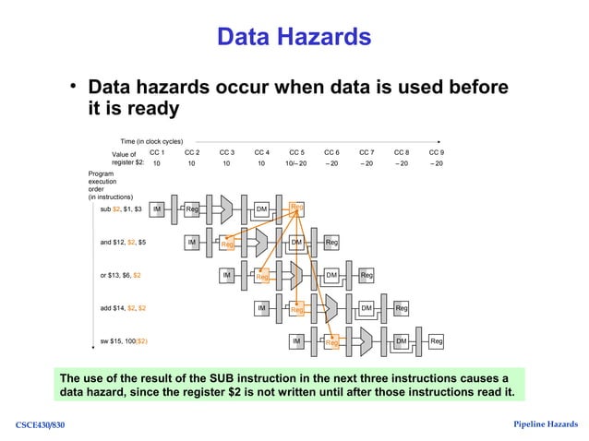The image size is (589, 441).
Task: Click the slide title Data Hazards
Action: click(x=294, y=37)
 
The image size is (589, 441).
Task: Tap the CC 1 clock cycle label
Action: click(x=157, y=152)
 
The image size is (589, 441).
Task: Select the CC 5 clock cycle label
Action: click(x=296, y=152)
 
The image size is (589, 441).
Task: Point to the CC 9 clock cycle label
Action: click(x=437, y=152)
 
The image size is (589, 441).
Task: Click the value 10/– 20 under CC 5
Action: click(x=296, y=162)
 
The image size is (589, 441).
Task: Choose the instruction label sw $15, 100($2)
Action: click(x=125, y=341)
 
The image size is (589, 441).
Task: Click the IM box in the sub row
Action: click(x=158, y=209)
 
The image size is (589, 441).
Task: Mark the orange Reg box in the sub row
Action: click(x=296, y=208)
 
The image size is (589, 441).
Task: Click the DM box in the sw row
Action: click(x=402, y=341)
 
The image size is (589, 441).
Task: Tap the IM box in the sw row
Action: click(x=296, y=341)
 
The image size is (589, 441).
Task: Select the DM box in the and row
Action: click(x=296, y=242)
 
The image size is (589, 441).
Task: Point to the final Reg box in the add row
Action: click(x=402, y=308)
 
